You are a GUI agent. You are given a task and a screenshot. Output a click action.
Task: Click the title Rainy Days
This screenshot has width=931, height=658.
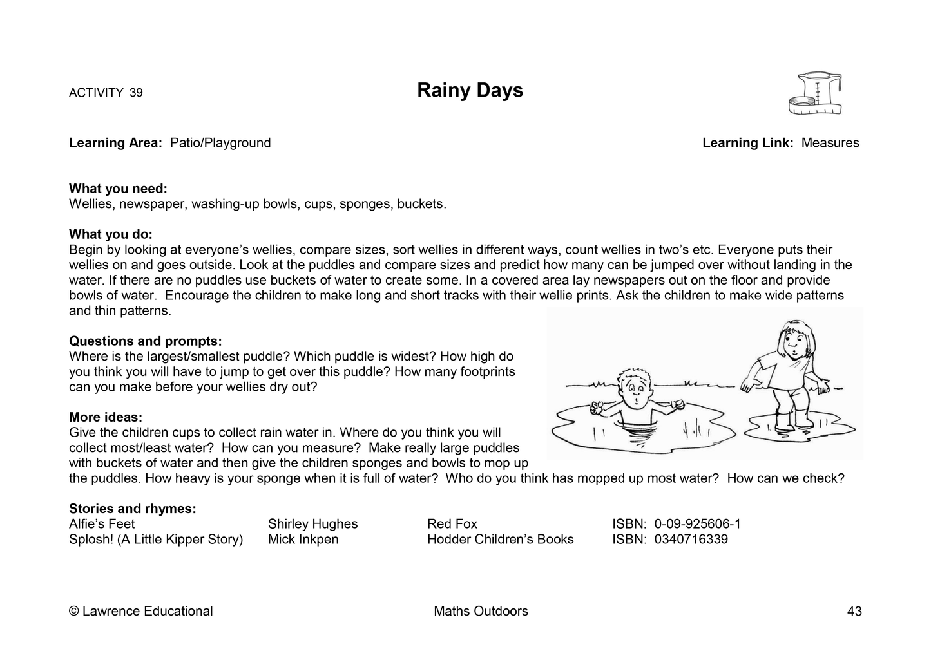pyautogui.click(x=470, y=90)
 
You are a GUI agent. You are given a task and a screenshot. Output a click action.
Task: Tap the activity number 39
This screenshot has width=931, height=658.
pyautogui.click(x=136, y=93)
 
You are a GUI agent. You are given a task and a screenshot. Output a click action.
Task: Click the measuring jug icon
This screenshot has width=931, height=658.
pyautogui.click(x=815, y=94)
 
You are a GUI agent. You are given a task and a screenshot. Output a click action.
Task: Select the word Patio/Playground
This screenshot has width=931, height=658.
pyautogui.click(x=220, y=143)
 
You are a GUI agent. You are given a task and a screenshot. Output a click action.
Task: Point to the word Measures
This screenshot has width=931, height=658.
pyautogui.click(x=830, y=143)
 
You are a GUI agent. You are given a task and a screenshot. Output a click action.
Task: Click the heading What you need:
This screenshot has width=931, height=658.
pyautogui.click(x=118, y=189)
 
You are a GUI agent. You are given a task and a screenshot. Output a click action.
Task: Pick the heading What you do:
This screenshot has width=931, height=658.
pyautogui.click(x=110, y=234)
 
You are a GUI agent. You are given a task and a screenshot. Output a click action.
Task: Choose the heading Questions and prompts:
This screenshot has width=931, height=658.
pyautogui.click(x=145, y=341)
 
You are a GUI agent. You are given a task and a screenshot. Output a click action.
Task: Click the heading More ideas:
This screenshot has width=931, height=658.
pyautogui.click(x=106, y=417)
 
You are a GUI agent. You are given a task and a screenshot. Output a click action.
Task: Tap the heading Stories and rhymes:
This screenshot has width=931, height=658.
pyautogui.click(x=132, y=509)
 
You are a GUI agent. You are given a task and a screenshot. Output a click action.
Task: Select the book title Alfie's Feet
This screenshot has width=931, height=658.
pyautogui.click(x=102, y=524)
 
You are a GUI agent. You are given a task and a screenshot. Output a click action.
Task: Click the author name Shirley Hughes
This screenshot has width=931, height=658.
pyautogui.click(x=312, y=524)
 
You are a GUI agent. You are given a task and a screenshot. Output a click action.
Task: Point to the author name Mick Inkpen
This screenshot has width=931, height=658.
pyautogui.click(x=303, y=540)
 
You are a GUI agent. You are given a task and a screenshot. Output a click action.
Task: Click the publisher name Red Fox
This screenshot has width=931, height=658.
pyautogui.click(x=452, y=524)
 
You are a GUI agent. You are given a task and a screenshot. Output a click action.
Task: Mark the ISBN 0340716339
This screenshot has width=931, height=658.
pyautogui.click(x=691, y=540)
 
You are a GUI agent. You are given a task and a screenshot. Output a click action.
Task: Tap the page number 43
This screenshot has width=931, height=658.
pyautogui.click(x=854, y=612)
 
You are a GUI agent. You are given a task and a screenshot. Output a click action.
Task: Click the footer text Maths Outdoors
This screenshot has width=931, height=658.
pyautogui.click(x=481, y=612)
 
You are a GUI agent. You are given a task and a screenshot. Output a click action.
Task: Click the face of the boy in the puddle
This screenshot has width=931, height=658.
pyautogui.click(x=637, y=388)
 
